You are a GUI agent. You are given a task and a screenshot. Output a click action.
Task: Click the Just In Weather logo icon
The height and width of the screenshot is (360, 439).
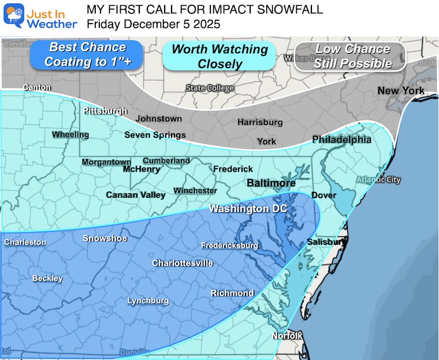(13, 16)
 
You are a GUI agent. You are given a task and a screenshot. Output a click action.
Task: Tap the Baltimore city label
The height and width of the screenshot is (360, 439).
(271, 183)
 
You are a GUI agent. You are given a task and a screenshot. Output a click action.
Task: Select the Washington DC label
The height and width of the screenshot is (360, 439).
(248, 209)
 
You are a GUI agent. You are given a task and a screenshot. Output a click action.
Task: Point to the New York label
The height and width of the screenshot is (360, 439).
(400, 91)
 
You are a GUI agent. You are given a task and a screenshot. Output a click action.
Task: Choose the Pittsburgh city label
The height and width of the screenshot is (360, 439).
(105, 110)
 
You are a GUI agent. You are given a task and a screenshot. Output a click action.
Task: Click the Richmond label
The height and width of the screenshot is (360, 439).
(232, 293)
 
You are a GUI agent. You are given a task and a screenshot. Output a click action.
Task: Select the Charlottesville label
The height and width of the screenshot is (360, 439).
(183, 263)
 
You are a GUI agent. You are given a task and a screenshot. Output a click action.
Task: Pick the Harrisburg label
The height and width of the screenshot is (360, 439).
(260, 122)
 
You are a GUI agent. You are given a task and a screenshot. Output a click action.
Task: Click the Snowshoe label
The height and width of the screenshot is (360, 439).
(105, 238)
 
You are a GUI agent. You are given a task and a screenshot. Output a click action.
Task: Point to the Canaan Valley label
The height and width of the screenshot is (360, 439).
(135, 195)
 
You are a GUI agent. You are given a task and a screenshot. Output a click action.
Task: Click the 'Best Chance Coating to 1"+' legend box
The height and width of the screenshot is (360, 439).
(87, 54)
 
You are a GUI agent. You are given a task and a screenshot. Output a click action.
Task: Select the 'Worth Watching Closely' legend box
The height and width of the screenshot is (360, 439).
(219, 56)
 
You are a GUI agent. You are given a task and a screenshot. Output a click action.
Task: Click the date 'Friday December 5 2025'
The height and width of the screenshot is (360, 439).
(153, 24)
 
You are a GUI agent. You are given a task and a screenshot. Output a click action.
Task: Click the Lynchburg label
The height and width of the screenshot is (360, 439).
(148, 300)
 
